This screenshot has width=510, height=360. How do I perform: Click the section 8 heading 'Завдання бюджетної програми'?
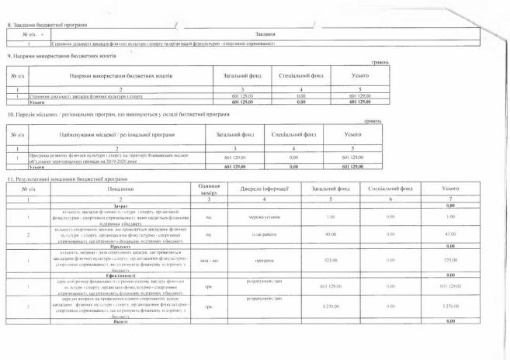pyautogui.click(x=48, y=26)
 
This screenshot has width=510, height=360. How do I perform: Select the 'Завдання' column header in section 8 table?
pyautogui.click(x=265, y=35)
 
